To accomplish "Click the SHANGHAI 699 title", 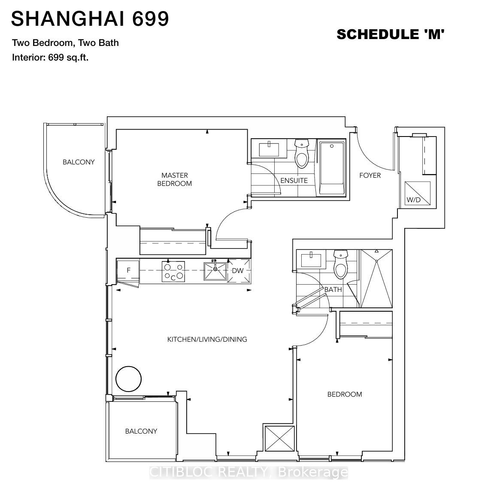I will pyautogui.click(x=90, y=19).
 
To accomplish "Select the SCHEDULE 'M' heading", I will pyautogui.click(x=390, y=34).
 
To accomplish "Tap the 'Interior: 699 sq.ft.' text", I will pyautogui.click(x=50, y=58).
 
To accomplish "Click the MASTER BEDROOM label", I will pyautogui.click(x=175, y=179).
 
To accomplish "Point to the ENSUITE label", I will pyautogui.click(x=294, y=181).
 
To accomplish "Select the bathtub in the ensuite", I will pyautogui.click(x=332, y=168).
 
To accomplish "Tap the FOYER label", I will pyautogui.click(x=370, y=176).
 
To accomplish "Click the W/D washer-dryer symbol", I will pyautogui.click(x=418, y=194).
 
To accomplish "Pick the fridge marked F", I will pyautogui.click(x=128, y=271).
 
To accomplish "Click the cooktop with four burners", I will pyautogui.click(x=173, y=272).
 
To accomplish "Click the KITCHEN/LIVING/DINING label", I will pyautogui.click(x=207, y=340).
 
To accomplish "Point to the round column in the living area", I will pyautogui.click(x=129, y=379).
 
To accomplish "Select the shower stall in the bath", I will pyautogui.click(x=376, y=278).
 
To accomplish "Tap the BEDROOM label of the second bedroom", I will pyautogui.click(x=345, y=395).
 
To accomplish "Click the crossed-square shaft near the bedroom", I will pyautogui.click(x=279, y=438).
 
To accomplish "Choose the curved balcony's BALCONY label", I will pyautogui.click(x=79, y=162).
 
